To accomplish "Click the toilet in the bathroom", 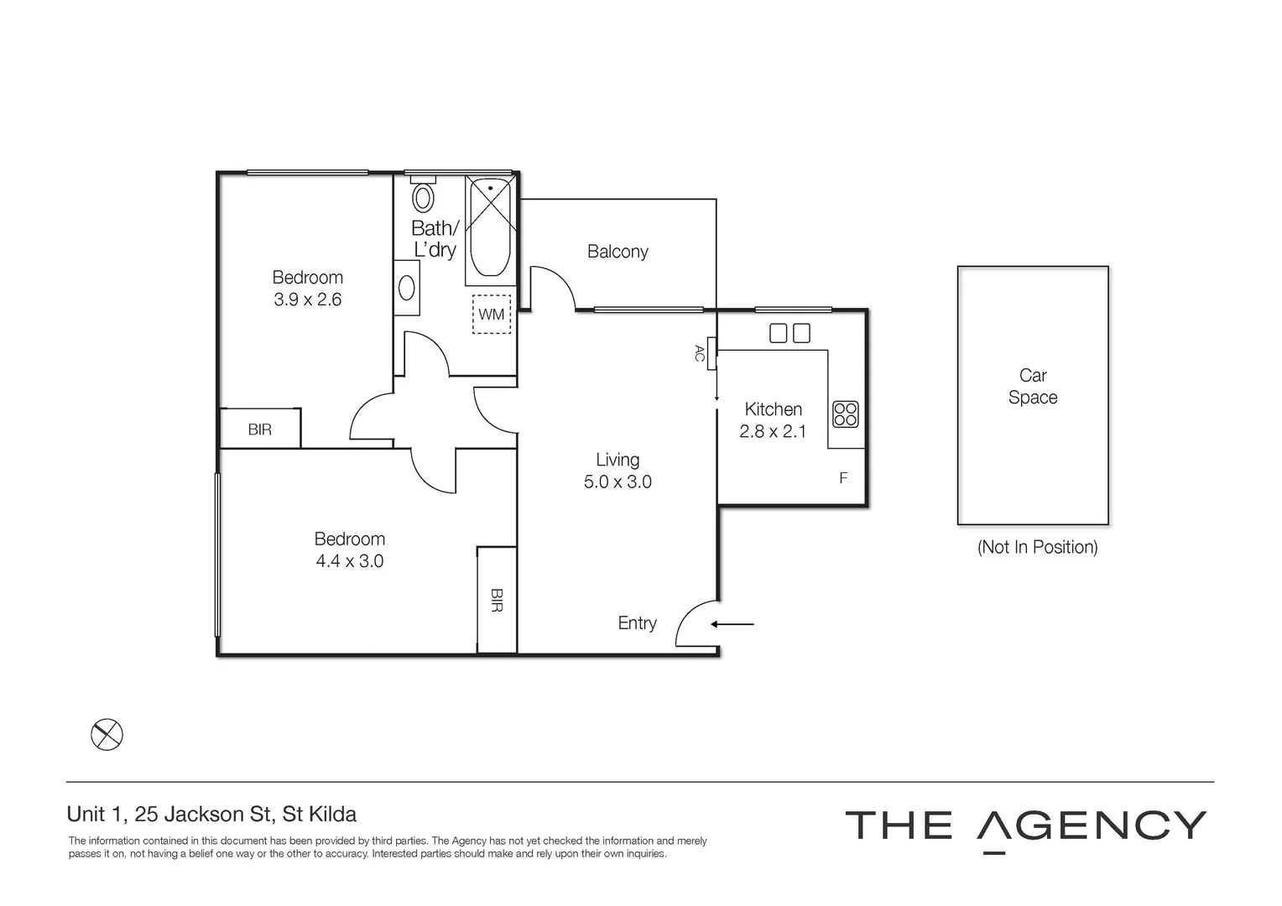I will tap(423, 197).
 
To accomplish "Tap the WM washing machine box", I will tap(492, 315).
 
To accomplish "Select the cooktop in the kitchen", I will tap(845, 414).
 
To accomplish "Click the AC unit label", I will tap(700, 353).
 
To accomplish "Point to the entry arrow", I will tap(732, 624).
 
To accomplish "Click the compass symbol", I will tap(107, 735).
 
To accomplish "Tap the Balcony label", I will tap(618, 252).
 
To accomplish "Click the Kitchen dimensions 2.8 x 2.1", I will tap(773, 432).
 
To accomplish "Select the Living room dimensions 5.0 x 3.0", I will tap(618, 482).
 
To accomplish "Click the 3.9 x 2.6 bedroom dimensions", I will tap(307, 299).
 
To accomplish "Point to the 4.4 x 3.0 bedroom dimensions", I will tap(349, 561).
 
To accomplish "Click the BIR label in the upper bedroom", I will tap(260, 430).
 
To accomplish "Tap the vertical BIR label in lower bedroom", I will tap(497, 600).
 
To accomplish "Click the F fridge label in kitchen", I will tap(843, 478).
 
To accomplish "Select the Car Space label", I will tap(1033, 387).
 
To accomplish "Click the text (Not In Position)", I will tap(1037, 547).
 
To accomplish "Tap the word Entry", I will tap(637, 623).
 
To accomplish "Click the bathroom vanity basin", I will tap(407, 288).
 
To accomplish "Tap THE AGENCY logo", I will tap(1025, 826).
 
